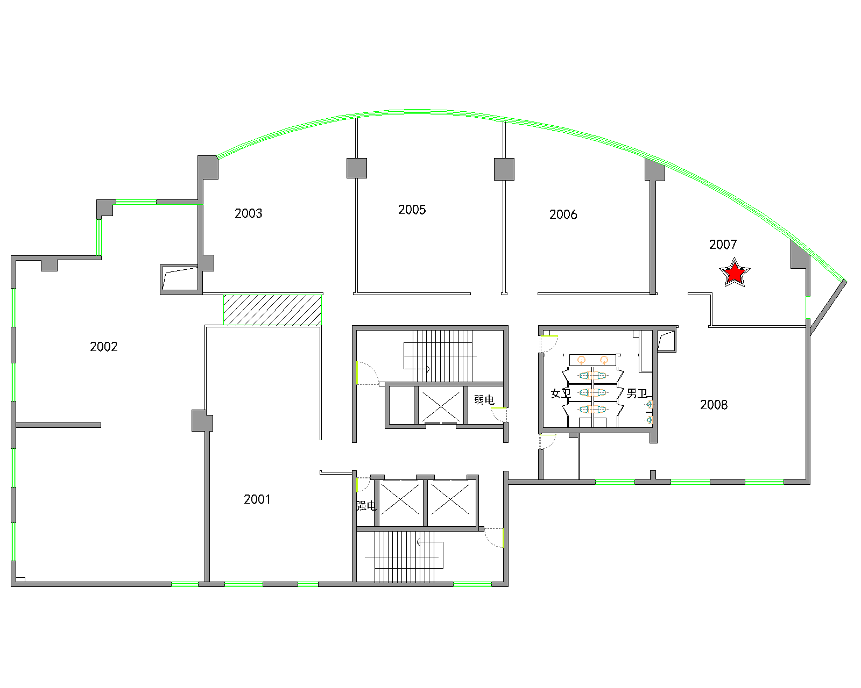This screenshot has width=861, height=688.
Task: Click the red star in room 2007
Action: [x=735, y=273]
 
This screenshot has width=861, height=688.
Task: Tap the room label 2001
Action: [x=257, y=499]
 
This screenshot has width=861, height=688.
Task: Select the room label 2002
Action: [x=104, y=347]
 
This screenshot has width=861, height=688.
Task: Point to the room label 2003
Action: [x=249, y=213]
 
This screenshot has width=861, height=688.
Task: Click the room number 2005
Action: [x=412, y=210]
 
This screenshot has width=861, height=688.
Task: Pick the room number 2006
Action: [x=563, y=214]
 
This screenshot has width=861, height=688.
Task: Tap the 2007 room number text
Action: [x=723, y=245]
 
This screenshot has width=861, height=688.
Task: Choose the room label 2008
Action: [x=714, y=405]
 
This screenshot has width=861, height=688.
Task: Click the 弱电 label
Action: [x=484, y=399]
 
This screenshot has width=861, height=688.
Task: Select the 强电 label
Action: [x=366, y=506]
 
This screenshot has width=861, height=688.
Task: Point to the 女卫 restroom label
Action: [x=561, y=393]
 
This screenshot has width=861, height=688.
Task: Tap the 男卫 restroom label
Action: [x=637, y=393]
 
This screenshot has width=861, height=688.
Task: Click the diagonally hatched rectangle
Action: [x=272, y=310]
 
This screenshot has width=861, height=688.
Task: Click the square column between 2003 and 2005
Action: [x=356, y=168]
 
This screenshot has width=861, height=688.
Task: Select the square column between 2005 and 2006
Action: [x=504, y=169]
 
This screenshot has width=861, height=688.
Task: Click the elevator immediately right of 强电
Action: [x=400, y=503]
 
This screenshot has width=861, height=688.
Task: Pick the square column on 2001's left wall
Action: [x=202, y=420]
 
